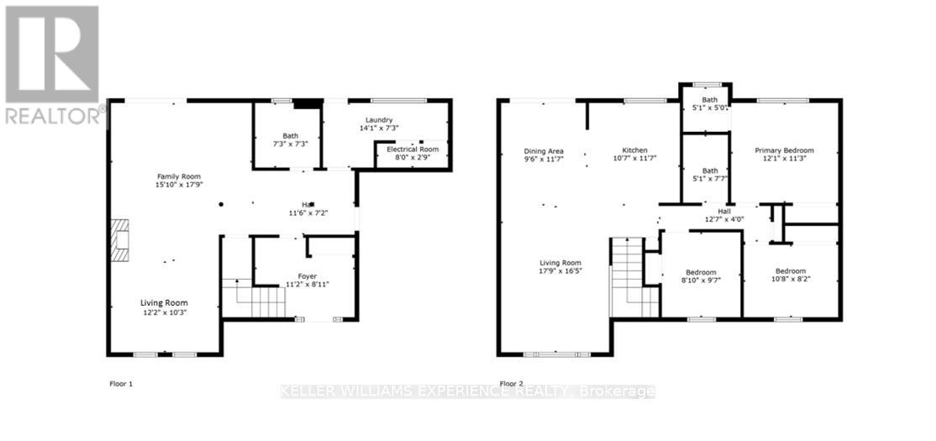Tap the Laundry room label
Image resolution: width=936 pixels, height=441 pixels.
pos(379,120)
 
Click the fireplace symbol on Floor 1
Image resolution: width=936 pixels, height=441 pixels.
pos(120,239)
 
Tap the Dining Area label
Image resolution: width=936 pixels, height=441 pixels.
pos(544,150)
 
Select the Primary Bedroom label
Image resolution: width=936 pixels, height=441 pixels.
pos(784,150)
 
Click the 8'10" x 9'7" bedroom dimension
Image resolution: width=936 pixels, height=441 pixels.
pos(700,280)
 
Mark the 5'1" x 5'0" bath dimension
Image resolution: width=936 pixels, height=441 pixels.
pos(705,108)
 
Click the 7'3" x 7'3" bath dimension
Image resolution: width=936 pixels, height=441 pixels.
pos(290,144)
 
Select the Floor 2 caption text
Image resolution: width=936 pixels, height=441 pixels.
pos(511,384)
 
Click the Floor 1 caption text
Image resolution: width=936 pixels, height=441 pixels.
pos(121,384)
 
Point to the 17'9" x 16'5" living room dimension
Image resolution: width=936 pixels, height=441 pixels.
pos(560,270)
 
